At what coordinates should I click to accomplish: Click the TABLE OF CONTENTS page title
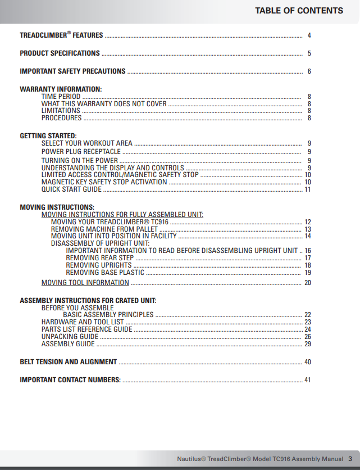click(x=299, y=11)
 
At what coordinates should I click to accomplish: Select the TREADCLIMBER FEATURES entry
click(x=61, y=35)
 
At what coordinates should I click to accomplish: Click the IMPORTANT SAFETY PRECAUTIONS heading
click(x=72, y=71)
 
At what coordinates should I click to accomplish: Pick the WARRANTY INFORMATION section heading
click(x=61, y=89)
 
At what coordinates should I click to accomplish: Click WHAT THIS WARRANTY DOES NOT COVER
click(x=104, y=104)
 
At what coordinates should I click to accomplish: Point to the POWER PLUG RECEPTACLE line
click(x=81, y=152)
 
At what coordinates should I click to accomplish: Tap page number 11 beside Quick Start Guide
click(x=308, y=189)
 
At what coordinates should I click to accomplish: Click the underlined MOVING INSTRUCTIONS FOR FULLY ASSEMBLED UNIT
click(x=122, y=215)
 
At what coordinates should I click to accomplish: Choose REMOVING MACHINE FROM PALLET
click(x=104, y=229)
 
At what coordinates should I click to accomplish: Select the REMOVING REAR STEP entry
click(x=99, y=258)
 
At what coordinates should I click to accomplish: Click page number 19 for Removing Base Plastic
click(x=308, y=273)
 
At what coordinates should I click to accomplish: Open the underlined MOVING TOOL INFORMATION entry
click(x=85, y=283)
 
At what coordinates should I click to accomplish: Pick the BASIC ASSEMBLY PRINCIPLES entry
click(x=108, y=315)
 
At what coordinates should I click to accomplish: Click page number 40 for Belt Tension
click(x=308, y=362)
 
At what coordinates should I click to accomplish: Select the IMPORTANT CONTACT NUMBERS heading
click(x=70, y=380)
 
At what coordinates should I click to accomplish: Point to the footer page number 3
click(x=350, y=458)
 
